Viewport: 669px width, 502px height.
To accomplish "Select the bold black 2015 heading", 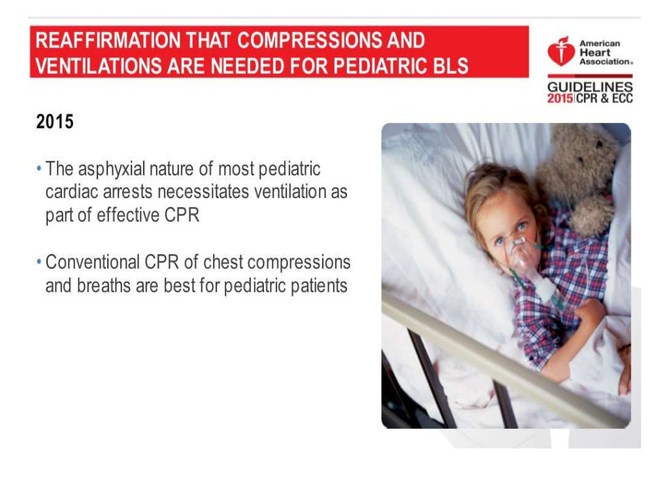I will [x=55, y=122].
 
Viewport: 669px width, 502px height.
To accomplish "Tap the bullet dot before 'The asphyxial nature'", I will [x=40, y=169].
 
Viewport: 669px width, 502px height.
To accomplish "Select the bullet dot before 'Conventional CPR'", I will [x=40, y=263].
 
